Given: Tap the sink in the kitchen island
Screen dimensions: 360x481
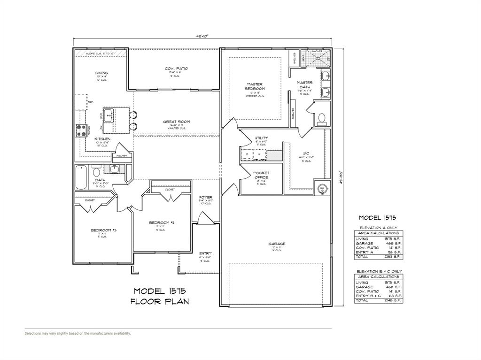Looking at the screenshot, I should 109,115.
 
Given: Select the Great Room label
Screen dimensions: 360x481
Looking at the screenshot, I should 176,122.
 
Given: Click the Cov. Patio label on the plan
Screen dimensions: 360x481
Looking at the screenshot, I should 176,69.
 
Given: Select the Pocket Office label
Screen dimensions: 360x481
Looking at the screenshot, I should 261,176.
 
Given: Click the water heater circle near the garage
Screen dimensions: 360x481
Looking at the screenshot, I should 322,189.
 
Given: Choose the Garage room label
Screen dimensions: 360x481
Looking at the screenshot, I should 277,244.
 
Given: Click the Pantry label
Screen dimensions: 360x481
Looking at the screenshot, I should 121,156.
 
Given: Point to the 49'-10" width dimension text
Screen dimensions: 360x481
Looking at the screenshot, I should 202,35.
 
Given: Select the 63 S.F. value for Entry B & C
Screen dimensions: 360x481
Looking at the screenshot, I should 395,296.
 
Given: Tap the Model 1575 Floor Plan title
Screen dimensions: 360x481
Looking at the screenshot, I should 160,296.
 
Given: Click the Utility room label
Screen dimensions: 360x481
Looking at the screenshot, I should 261,138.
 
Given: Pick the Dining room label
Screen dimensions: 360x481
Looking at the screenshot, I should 101,73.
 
